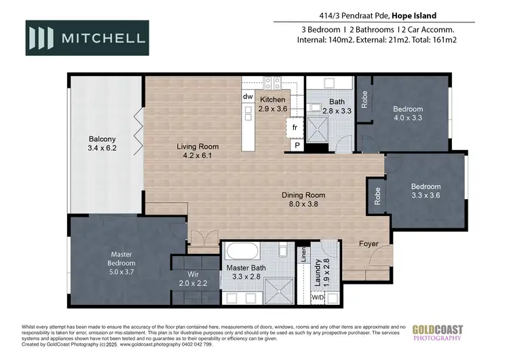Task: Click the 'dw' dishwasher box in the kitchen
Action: tap(248, 97)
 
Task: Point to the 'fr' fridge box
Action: tap(295, 127)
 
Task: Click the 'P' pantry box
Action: tap(297, 145)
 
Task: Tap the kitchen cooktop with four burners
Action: tap(273, 83)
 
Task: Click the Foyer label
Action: tap(369, 242)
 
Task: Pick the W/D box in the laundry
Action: tap(318, 297)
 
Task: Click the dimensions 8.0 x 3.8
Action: tap(304, 203)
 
